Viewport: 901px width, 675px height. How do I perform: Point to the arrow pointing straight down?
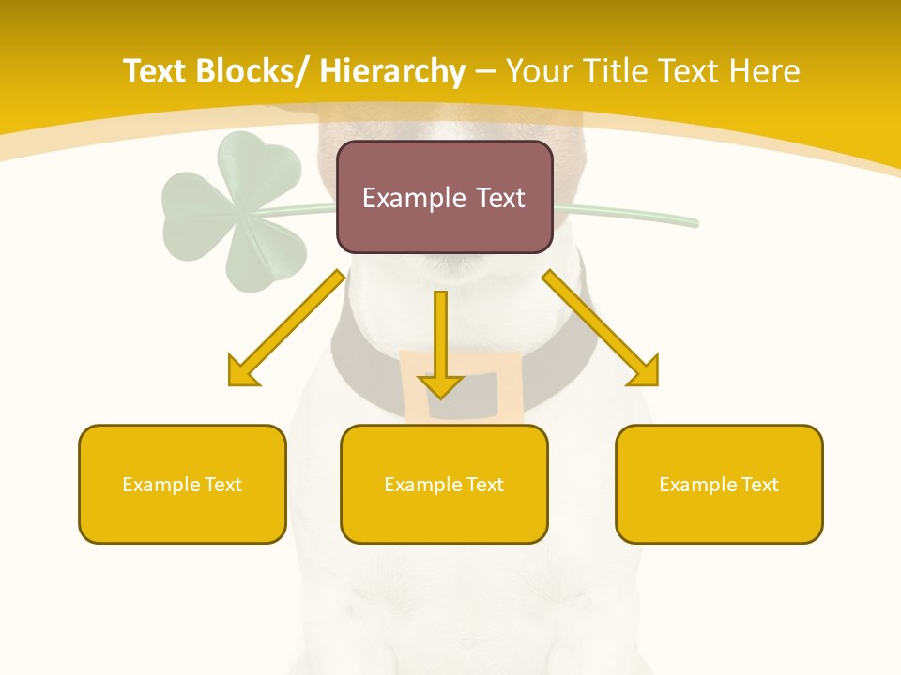point(440,342)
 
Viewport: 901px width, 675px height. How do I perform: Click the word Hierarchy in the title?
point(391,72)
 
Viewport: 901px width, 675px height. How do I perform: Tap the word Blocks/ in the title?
point(253,72)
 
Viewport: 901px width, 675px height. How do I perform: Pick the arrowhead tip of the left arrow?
point(232,382)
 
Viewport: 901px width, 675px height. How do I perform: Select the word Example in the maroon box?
point(408,198)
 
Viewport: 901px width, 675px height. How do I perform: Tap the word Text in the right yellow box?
point(758,485)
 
